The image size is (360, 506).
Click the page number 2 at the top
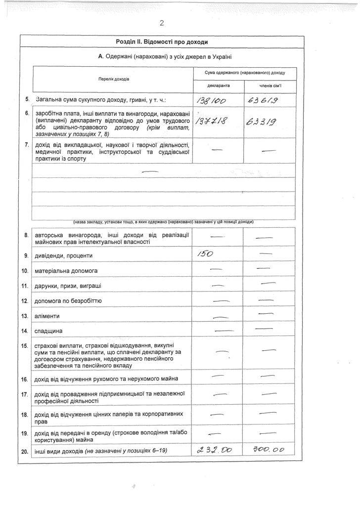point(162,23)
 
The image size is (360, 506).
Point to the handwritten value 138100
point(211,101)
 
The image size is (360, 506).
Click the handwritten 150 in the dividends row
point(205,254)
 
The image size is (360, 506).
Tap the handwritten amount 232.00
point(214,449)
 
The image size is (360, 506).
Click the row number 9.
point(26,256)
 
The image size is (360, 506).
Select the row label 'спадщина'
point(48,331)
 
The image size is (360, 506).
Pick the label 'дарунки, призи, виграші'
point(68,286)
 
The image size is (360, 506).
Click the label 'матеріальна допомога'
point(66,271)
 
